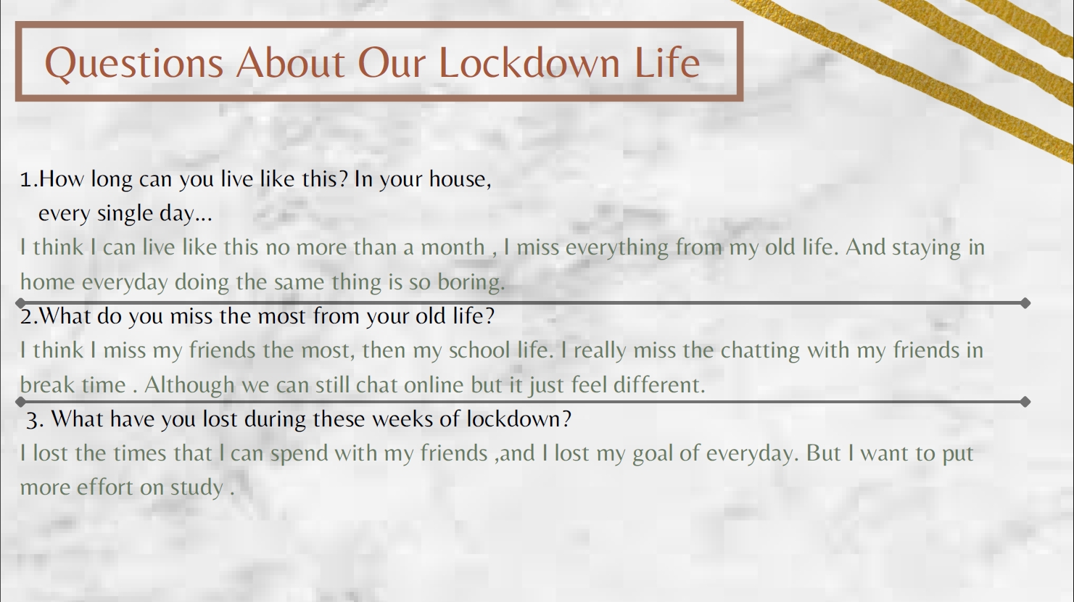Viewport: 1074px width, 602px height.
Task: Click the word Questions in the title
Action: [133, 64]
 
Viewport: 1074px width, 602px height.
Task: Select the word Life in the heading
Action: [667, 62]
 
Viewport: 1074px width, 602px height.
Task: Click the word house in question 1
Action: [460, 179]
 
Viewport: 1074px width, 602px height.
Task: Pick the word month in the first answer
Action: [453, 247]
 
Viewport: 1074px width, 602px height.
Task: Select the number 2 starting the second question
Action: [26, 316]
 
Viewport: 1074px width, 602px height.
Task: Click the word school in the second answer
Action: [479, 350]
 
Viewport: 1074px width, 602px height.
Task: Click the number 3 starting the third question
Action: [32, 420]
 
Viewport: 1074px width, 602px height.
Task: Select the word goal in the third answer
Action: [652, 454]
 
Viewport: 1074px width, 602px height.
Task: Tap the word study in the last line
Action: [197, 488]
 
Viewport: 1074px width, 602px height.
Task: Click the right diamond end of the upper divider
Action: [1025, 303]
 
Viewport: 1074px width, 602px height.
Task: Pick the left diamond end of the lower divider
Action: [20, 402]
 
